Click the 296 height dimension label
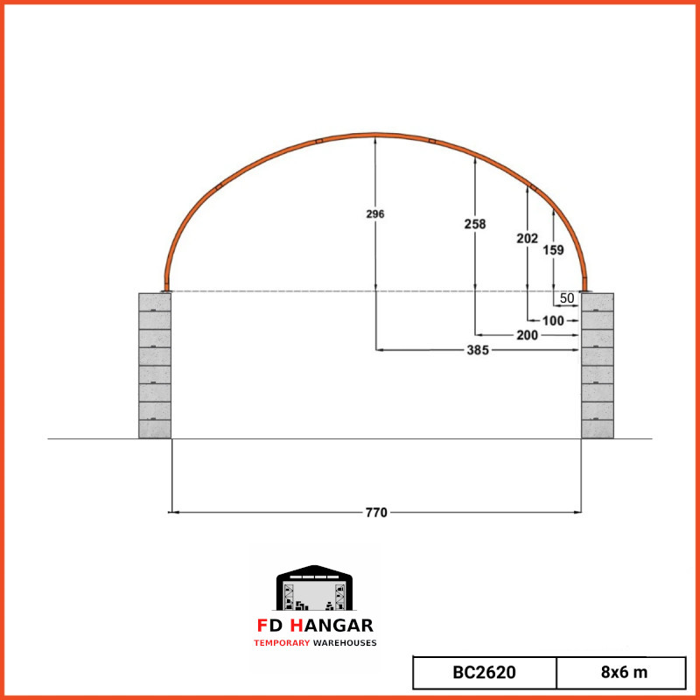click(375, 213)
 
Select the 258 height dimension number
click(474, 224)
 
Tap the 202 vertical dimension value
click(528, 238)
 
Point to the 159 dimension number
click(553, 250)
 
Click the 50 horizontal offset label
click(566, 297)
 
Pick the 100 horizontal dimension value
click(553, 320)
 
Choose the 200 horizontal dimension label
click(527, 335)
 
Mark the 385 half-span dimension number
click(478, 350)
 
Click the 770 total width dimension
click(376, 513)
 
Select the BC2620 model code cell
click(485, 672)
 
